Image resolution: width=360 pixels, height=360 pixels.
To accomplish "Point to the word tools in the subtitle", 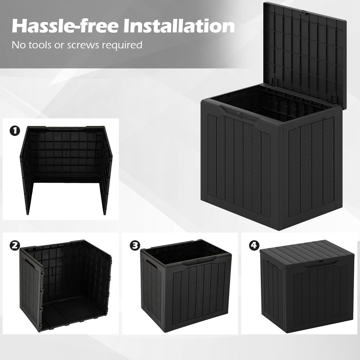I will tap(41, 45).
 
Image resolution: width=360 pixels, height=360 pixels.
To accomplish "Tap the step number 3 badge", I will tap(134, 246).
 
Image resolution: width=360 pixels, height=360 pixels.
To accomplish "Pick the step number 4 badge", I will tap(254, 246).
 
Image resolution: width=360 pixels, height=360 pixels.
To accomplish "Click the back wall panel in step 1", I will tap(67, 153).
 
